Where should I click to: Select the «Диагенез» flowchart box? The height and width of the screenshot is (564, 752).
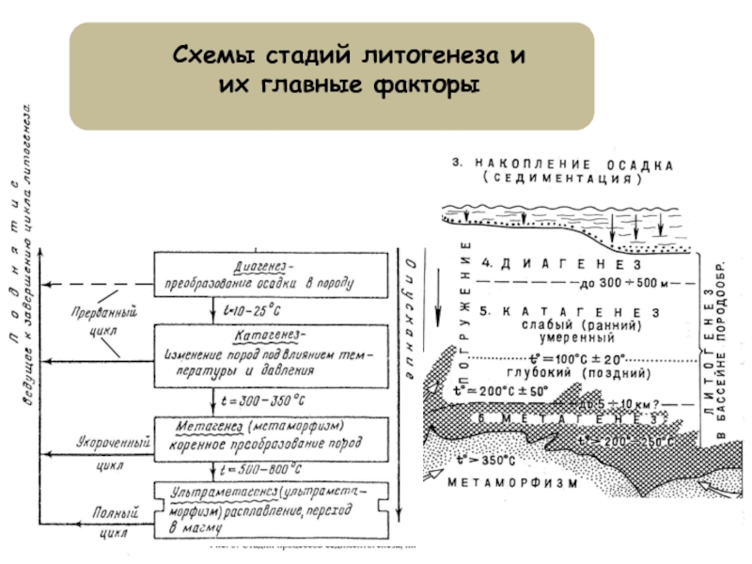(273, 273)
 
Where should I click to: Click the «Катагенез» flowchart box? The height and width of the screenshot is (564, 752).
(273, 352)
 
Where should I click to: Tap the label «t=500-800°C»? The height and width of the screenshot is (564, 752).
(258, 466)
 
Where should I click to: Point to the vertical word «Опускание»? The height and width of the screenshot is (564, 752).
(410, 309)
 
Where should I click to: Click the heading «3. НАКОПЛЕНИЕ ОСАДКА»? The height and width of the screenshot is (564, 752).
(560, 163)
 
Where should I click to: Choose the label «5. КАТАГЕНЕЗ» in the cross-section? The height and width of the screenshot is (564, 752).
(568, 311)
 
